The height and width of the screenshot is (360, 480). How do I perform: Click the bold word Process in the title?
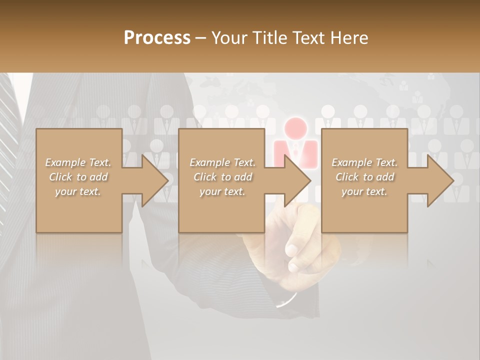click(x=157, y=38)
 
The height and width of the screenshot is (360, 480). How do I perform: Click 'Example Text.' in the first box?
click(x=78, y=162)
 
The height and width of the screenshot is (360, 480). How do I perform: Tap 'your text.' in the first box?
click(x=78, y=191)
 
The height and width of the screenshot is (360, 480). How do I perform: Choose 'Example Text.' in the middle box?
click(x=222, y=162)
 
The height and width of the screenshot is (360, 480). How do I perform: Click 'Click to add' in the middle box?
click(x=222, y=177)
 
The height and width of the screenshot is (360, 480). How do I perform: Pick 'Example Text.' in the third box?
click(x=364, y=162)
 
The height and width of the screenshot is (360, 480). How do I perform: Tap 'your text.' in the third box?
click(x=364, y=191)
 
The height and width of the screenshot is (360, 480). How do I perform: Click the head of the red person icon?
click(x=295, y=127)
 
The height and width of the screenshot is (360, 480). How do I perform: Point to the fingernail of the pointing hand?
click(x=292, y=250)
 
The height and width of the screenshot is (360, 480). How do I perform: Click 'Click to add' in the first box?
click(x=78, y=177)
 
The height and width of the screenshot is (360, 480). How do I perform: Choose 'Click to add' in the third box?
click(x=364, y=177)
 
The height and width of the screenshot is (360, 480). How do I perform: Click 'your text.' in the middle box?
click(x=222, y=191)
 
